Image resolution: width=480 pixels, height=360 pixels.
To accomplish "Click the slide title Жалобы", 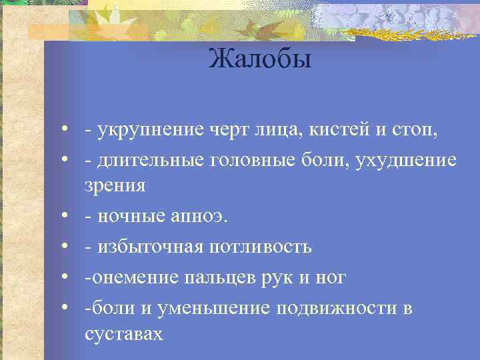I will click(259, 60).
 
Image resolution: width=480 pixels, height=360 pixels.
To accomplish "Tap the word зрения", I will click(115, 185).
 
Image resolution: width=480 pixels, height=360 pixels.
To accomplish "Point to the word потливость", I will click(259, 247).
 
